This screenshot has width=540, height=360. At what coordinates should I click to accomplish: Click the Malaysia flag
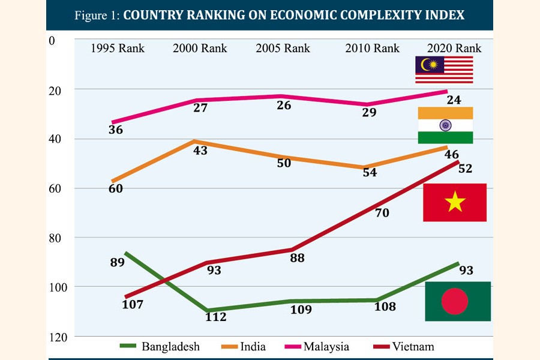pyautogui.click(x=444, y=70)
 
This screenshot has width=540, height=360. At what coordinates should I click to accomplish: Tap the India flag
pyautogui.click(x=445, y=125)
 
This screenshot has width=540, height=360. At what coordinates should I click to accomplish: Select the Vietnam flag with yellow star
pyautogui.click(x=455, y=203)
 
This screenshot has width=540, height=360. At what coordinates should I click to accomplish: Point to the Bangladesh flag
pyautogui.click(x=458, y=301)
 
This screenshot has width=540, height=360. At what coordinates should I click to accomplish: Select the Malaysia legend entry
pyautogui.click(x=317, y=346)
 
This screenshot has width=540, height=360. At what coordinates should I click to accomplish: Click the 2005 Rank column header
pyautogui.click(x=283, y=48)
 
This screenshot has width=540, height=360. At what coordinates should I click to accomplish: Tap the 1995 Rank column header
pyautogui.click(x=118, y=48)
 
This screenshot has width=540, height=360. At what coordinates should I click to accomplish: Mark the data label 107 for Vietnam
pyautogui.click(x=133, y=305)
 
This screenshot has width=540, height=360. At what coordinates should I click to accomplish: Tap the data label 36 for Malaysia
pyautogui.click(x=116, y=130)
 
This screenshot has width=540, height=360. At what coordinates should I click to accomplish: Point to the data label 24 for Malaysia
pyautogui.click(x=454, y=100)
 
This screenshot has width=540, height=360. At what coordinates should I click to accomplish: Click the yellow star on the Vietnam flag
pyautogui.click(x=455, y=203)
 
